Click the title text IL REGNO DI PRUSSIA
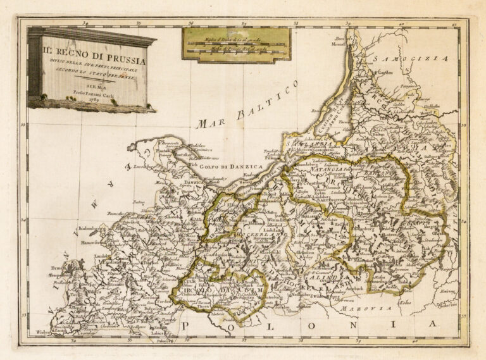[x=94, y=61]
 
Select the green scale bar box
[x=236, y=44]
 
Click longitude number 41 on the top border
[x=454, y=24]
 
